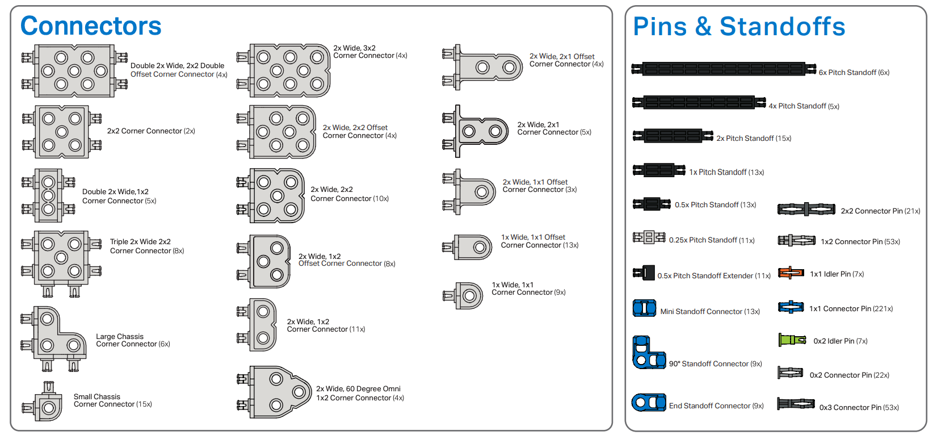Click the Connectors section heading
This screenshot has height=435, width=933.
pos(91,26)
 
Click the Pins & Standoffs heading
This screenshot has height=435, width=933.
pos(739,27)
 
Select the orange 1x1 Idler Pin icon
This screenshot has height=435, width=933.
pos(791,273)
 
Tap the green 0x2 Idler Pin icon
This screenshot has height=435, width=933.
pos(792,340)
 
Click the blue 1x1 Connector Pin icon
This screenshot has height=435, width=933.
pos(791,307)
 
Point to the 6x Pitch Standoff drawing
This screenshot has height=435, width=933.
pos(724,69)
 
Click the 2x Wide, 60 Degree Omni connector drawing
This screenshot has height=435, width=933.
pos(276,392)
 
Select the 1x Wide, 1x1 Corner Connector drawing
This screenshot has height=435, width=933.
pos(464,295)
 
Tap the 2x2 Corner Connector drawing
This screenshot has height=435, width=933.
pos(61,132)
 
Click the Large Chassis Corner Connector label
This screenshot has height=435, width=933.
pos(133,340)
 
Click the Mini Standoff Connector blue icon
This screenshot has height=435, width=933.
pos(644,308)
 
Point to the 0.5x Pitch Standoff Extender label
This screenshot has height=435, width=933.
pos(713,276)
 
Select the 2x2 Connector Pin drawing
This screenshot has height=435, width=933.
pos(806,210)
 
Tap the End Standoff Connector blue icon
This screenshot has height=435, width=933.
pos(649,403)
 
